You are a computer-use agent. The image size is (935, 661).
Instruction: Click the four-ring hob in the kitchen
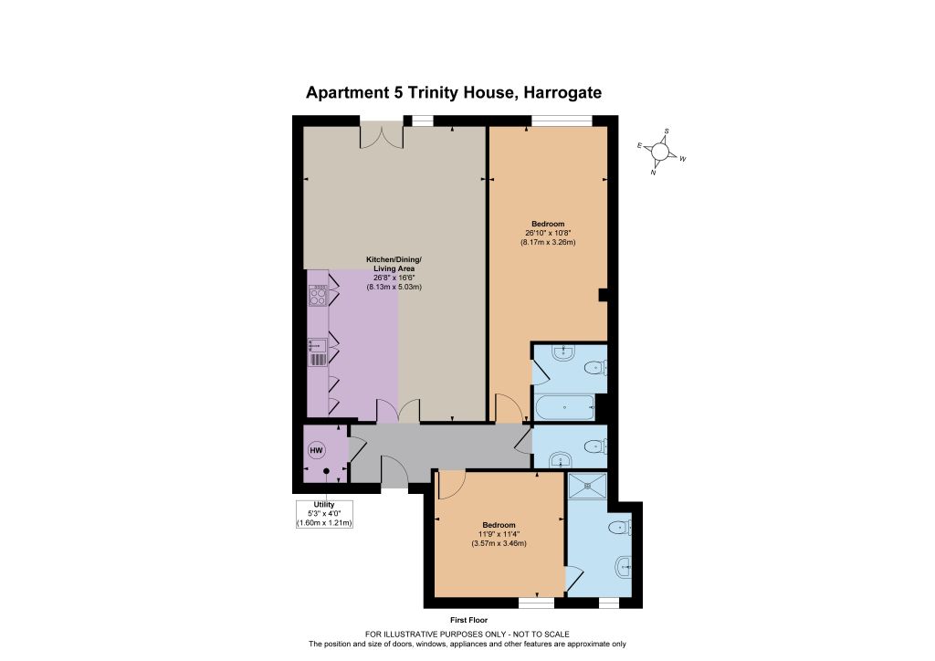coord(317,296)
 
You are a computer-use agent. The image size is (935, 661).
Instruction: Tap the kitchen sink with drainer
coord(317,351)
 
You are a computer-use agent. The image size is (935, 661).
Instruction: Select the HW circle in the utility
coord(316,451)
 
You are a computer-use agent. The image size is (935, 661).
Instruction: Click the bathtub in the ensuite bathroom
coord(564,408)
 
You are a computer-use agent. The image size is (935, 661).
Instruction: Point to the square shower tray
coord(587,486)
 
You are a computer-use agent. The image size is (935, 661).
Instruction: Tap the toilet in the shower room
coord(621,527)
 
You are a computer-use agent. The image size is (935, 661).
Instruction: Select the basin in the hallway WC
coord(560,459)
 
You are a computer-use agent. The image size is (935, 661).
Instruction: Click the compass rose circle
coord(660,152)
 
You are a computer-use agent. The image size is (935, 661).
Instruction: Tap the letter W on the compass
coord(683,159)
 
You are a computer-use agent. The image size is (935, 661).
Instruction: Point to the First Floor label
coord(468,621)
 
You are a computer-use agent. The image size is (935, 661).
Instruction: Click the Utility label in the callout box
coord(324,505)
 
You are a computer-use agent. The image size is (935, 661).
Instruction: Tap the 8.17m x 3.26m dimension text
coord(548,243)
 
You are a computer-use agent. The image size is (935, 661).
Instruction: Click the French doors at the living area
coord(382,135)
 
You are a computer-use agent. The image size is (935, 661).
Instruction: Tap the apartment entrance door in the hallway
coord(394,471)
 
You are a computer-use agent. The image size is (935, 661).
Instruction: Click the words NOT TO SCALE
coord(541,635)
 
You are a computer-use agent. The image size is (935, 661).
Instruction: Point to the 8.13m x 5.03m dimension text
coord(394,287)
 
